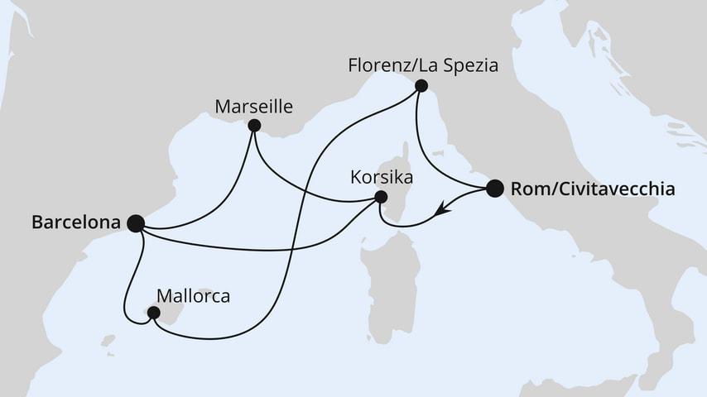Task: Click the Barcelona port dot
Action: coord(137,222)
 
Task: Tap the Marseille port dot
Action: coord(254,126)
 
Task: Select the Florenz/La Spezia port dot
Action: coord(421,85)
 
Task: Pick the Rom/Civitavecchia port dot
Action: coord(494,188)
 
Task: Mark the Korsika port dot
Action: coord(381,197)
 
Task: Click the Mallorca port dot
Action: coord(152,313)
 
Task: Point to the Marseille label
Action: coord(255,106)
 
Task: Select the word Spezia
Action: coord(470,65)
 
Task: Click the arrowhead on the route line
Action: coord(444,212)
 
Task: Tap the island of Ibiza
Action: coord(107,340)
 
